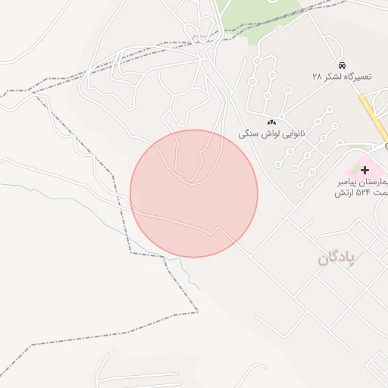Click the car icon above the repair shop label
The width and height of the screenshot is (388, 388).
tap(343, 66)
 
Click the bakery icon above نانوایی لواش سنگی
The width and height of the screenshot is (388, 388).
tap(271, 121)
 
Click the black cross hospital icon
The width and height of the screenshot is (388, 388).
tap(365, 170)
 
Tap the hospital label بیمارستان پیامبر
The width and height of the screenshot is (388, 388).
tap(363, 183)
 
